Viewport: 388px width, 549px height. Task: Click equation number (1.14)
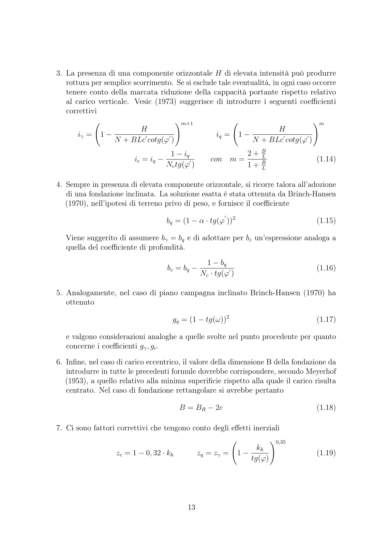tap(326, 160)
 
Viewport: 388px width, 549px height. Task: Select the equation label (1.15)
tap(326, 221)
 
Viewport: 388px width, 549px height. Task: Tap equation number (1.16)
tap(326, 268)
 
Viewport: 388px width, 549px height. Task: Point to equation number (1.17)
tap(326, 319)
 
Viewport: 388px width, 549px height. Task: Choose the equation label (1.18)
tap(326, 407)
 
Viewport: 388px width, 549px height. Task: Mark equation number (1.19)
tap(326, 453)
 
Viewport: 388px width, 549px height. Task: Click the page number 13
tap(192, 507)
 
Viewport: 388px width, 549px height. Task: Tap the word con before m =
tap(216, 160)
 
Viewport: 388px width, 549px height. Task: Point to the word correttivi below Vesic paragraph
tap(81, 111)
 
